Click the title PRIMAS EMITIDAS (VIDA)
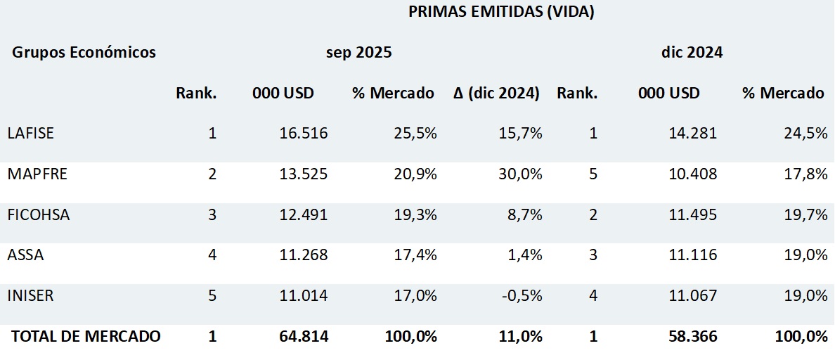[501, 13]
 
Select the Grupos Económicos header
[84, 53]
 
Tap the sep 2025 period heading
[358, 53]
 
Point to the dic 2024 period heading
[692, 53]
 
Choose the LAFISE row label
[30, 134]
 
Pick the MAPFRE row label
[37, 174]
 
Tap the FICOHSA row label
[39, 215]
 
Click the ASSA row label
[25, 255]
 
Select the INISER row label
[30, 296]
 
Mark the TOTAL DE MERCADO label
[86, 337]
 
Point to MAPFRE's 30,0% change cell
[522, 174]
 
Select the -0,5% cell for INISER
[522, 296]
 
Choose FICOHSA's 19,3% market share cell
[414, 215]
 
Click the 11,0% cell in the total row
[522, 337]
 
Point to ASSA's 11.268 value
[304, 255]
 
